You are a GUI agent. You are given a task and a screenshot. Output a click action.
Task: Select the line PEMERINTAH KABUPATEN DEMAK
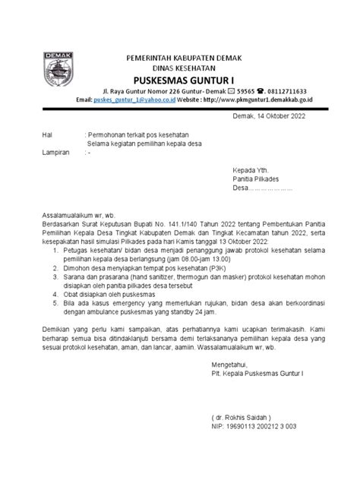(x=189, y=57)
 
